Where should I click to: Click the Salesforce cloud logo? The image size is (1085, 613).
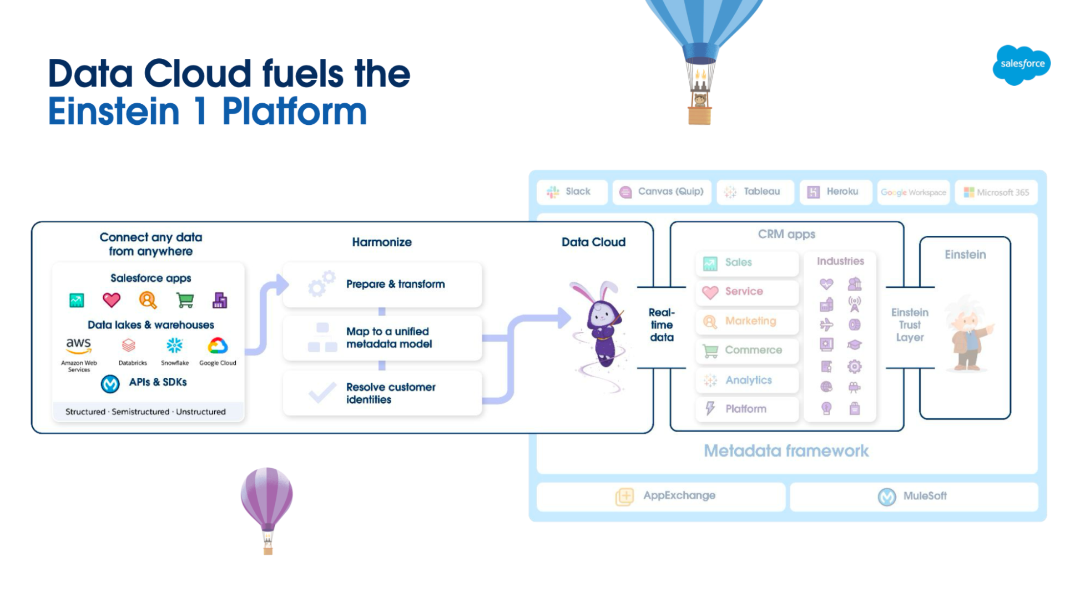pos(1021,65)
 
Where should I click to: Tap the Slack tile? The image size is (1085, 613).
pos(572,192)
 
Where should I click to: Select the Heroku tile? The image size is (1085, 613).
pos(836,192)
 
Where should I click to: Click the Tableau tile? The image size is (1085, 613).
pos(755,192)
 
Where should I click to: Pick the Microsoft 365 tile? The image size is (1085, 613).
pos(996,192)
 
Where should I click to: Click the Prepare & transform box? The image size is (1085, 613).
pos(382,285)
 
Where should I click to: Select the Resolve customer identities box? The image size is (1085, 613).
pos(382,393)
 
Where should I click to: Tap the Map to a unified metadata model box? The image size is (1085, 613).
pos(382,338)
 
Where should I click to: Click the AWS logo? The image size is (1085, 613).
pos(79,345)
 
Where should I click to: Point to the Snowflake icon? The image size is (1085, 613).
pos(174,346)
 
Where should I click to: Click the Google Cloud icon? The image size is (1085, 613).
pos(218,346)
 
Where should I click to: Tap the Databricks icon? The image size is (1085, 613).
pos(129,346)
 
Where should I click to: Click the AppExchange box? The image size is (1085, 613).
pos(661,497)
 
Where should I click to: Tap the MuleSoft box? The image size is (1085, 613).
pos(914,497)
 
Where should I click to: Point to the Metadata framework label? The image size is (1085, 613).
pos(786,451)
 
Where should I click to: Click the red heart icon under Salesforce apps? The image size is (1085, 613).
pos(112,300)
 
